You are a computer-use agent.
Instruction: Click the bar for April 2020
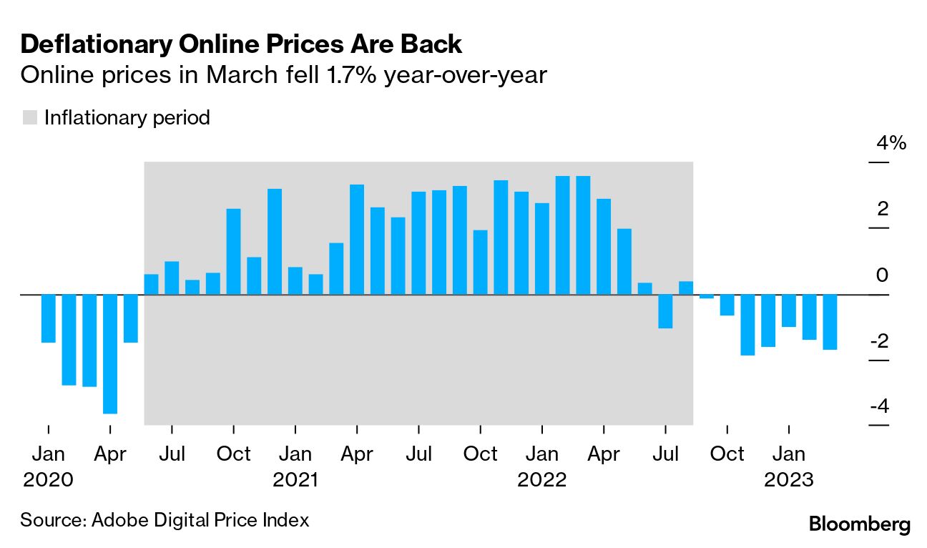(x=110, y=353)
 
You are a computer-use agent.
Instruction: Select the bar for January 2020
(x=49, y=318)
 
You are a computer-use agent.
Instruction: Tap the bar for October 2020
(x=234, y=251)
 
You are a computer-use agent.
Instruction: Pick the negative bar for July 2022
(x=665, y=311)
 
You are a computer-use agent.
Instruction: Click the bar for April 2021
(x=357, y=239)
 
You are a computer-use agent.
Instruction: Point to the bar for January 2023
(x=789, y=310)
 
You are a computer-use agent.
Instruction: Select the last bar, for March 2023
(x=830, y=322)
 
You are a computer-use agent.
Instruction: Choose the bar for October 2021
(x=481, y=262)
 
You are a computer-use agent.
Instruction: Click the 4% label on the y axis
(x=891, y=143)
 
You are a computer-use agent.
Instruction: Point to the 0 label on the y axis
(x=883, y=275)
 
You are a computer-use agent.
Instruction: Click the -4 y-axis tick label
(x=879, y=406)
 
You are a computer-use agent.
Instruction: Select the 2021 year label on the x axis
(x=295, y=479)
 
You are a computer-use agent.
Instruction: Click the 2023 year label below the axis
(x=789, y=479)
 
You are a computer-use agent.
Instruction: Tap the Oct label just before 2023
(x=727, y=454)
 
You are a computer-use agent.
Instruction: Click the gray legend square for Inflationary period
(x=30, y=117)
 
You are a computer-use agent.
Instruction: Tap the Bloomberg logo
(x=860, y=524)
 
